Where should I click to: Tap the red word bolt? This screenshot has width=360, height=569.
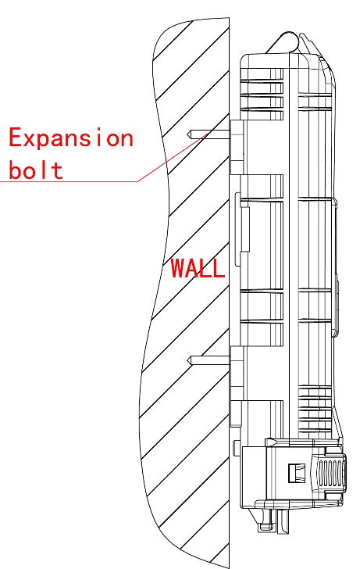pyautogui.click(x=36, y=170)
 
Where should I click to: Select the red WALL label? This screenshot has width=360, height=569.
pyautogui.click(x=198, y=268)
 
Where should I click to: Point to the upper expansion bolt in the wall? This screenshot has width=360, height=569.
pyautogui.click(x=209, y=134)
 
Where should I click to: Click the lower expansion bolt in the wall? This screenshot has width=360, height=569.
pyautogui.click(x=209, y=360)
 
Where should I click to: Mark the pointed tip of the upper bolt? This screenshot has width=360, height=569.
pyautogui.click(x=187, y=135)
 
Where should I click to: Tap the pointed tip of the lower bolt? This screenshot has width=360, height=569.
pyautogui.click(x=187, y=360)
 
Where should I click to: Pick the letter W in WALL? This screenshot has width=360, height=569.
pyautogui.click(x=178, y=268)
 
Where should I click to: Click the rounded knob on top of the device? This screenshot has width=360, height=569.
pyautogui.click(x=288, y=41)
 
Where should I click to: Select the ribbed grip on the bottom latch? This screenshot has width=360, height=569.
pyautogui.click(x=330, y=473)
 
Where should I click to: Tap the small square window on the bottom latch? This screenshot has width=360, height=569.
pyautogui.click(x=296, y=473)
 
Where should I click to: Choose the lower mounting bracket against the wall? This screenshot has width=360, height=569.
pyautogui.click(x=237, y=373)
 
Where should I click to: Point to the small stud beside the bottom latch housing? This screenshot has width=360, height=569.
pyautogui.click(x=237, y=444)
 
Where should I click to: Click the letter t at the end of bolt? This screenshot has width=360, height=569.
pyautogui.click(x=58, y=170)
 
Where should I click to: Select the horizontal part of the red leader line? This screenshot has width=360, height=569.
pyautogui.click(x=69, y=181)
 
